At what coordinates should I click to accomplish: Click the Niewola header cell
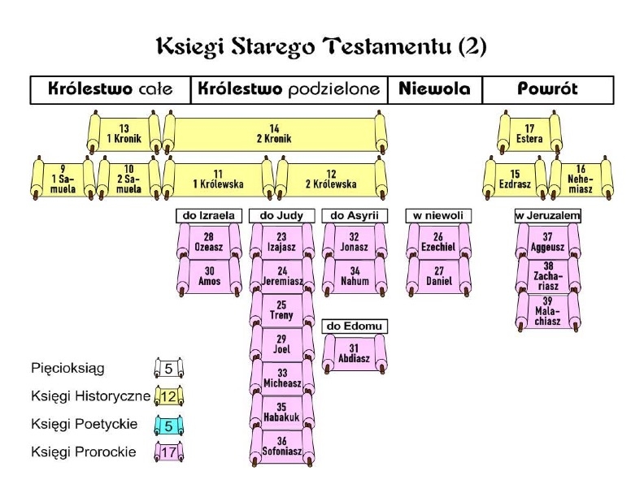[435, 89]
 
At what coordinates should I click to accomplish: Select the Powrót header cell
[548, 89]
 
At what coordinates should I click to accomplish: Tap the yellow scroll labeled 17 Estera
[529, 133]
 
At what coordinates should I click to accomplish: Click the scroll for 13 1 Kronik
[124, 133]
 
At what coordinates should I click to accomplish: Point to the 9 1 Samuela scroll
[63, 179]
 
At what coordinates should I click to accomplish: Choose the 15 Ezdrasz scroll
[515, 179]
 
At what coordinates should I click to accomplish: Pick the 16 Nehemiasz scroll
[581, 179]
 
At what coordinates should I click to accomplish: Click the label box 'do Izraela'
[209, 216]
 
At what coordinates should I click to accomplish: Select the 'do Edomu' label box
[355, 326]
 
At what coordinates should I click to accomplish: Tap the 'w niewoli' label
[438, 216]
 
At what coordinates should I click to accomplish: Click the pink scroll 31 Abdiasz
[355, 353]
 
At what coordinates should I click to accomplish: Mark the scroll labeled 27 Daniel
[438, 276]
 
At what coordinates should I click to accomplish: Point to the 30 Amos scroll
[209, 276]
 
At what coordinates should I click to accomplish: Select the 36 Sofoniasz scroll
[281, 446]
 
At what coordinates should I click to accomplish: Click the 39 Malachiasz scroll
[548, 311]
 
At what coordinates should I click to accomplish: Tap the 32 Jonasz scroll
[355, 242]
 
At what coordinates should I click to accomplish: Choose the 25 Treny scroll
[281, 310]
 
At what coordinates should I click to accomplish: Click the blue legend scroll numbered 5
[169, 426]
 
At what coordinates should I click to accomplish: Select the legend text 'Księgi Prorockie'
[84, 452]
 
